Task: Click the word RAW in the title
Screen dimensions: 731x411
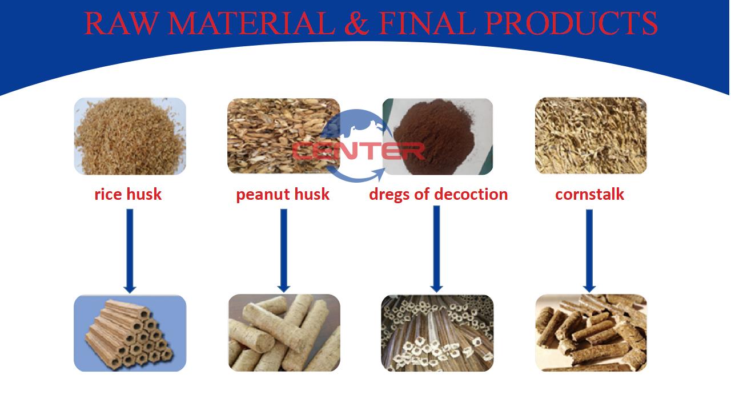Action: [x=122, y=23]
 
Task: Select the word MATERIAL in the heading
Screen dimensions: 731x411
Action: [x=251, y=23]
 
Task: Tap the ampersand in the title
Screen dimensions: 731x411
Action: [x=357, y=23]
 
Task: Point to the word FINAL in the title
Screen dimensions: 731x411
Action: [x=427, y=23]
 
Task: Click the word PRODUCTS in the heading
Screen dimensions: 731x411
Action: [x=571, y=23]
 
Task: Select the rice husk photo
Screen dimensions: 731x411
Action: [x=130, y=136]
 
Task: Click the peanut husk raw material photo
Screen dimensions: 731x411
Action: [x=284, y=136]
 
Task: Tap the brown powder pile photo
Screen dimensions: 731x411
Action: [x=437, y=136]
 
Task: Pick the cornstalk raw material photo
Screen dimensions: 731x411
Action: [x=591, y=135]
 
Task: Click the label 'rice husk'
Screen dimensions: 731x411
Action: [x=128, y=195]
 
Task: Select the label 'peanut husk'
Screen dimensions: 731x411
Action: [x=283, y=195]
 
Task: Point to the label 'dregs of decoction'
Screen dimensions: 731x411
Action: [x=438, y=195]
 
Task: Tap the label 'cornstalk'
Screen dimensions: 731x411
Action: [x=589, y=195]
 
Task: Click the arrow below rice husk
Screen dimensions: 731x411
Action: [x=130, y=251]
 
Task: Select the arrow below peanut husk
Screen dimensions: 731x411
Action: [x=284, y=251]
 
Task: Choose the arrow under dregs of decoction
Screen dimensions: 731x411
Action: [x=437, y=249]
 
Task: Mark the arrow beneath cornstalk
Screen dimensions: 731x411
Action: [x=589, y=251]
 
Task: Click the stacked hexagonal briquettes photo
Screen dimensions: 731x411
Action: [x=130, y=333]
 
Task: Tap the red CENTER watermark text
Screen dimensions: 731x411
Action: [x=358, y=151]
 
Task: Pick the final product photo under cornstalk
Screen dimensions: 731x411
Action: [x=591, y=333]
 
